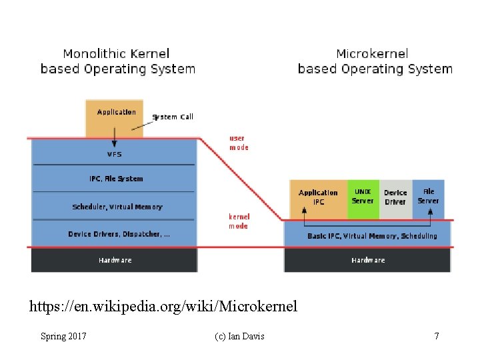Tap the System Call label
tap(173, 117)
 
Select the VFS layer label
tap(115, 154)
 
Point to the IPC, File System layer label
tap(116, 179)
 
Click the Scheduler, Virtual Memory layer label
tap(117, 207)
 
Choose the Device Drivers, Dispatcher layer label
tap(119, 234)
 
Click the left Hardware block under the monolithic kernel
tap(115, 260)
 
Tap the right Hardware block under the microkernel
tap(368, 260)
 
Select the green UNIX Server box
tap(363, 199)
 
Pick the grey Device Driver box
tap(395, 199)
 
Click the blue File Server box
tap(428, 199)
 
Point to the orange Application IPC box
tap(318, 199)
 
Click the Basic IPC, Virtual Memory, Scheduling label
tap(372, 236)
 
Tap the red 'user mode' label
tap(239, 143)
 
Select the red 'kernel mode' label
tap(239, 221)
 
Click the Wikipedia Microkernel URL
tap(163, 307)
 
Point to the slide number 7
tap(437, 336)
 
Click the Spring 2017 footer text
tap(63, 336)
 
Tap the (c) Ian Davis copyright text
tap(239, 336)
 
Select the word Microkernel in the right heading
tap(373, 54)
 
